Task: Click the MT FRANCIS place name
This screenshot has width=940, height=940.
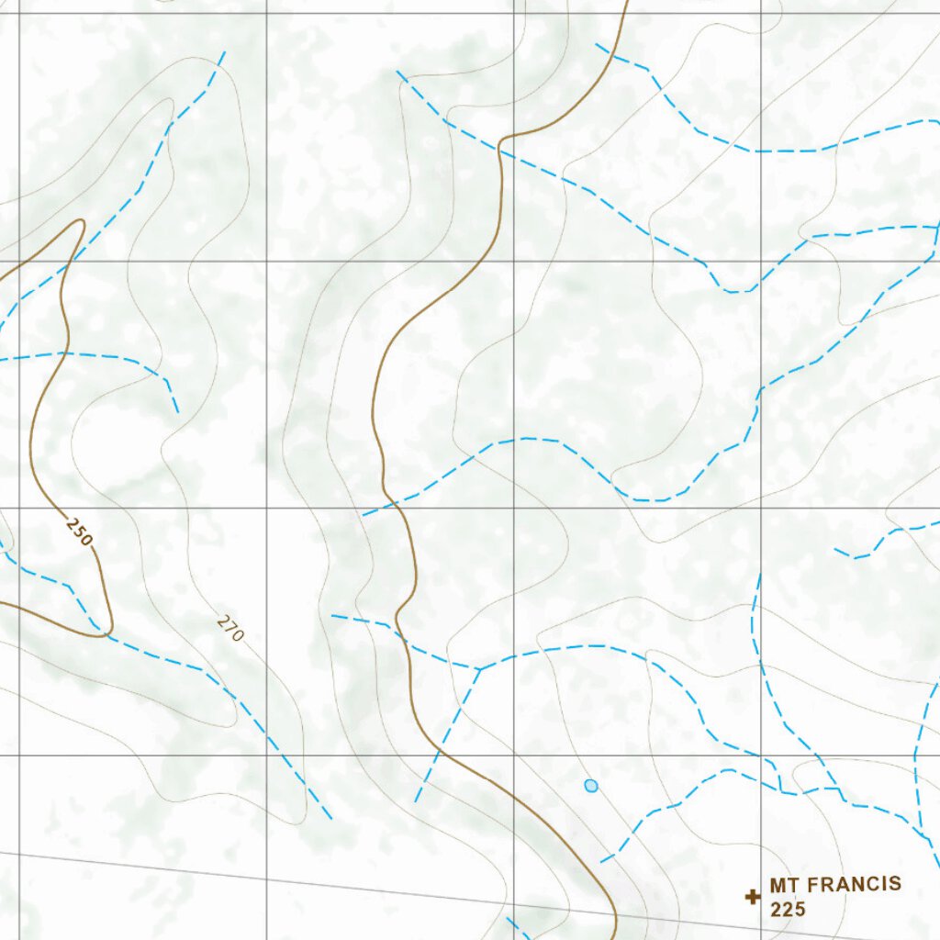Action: coord(835,885)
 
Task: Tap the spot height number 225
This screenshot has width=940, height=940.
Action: coord(788,910)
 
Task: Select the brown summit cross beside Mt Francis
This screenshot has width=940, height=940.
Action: coord(753,897)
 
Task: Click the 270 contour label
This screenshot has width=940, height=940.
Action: coord(231,627)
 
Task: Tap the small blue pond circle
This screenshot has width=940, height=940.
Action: coord(591,786)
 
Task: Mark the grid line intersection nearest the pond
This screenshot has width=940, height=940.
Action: coord(513,755)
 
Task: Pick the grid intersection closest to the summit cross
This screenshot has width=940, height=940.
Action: coord(760,755)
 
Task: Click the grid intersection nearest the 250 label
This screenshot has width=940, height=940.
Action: coord(19,508)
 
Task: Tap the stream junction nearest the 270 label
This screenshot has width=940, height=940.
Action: coord(479,668)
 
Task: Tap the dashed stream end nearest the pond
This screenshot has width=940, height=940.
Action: coord(602,861)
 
